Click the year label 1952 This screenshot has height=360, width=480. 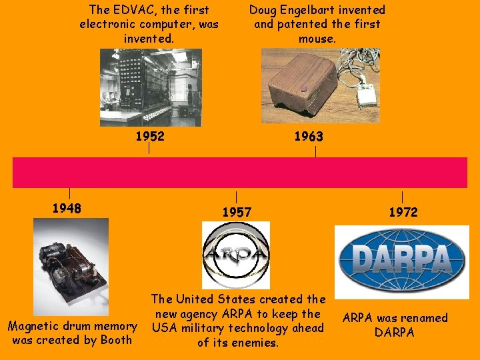click(x=149, y=137)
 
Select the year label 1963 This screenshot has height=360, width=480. click(x=309, y=137)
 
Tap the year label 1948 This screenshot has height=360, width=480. click(x=67, y=209)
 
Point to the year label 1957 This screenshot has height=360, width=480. click(x=237, y=213)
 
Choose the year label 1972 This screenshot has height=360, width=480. click(x=403, y=213)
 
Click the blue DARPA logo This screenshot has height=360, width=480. click(x=401, y=261)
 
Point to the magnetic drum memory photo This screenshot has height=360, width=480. click(x=71, y=266)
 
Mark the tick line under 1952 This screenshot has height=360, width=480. click(x=149, y=150)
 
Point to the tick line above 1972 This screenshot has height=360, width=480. click(x=402, y=197)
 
